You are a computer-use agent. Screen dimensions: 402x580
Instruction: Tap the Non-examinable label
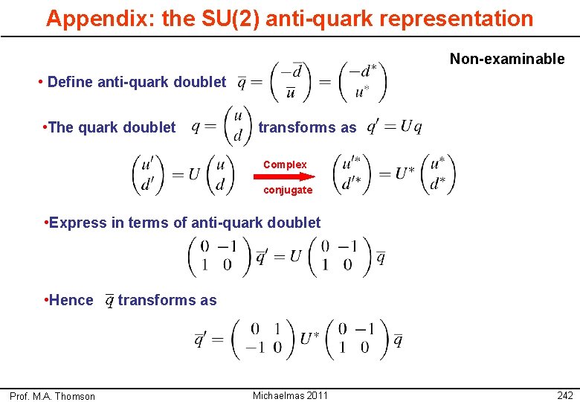click(x=507, y=59)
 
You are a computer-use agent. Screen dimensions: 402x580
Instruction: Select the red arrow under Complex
click(x=284, y=177)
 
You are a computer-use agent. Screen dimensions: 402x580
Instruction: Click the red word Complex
click(x=285, y=165)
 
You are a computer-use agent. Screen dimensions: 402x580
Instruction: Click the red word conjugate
click(x=288, y=190)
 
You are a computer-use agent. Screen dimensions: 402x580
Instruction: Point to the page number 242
click(x=564, y=395)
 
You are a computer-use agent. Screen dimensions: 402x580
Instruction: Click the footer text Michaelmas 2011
click(x=290, y=395)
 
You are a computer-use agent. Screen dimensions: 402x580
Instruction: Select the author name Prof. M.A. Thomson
click(x=52, y=396)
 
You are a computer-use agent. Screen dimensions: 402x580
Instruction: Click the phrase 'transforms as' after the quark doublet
click(x=307, y=127)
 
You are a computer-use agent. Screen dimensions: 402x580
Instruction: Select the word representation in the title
click(x=458, y=19)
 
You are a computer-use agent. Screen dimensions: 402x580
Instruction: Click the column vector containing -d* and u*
click(x=362, y=82)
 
